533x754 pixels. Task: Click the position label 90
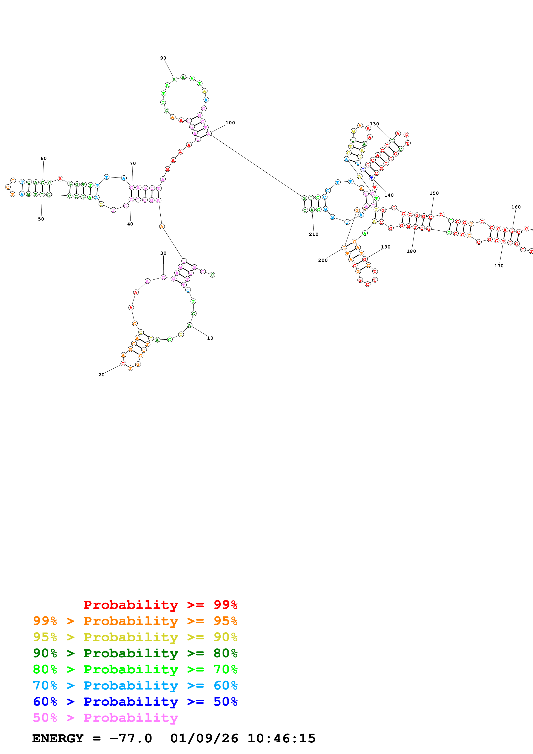pyautogui.click(x=163, y=58)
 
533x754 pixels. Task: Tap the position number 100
pyautogui.click(x=230, y=123)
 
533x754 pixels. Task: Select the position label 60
pyautogui.click(x=44, y=158)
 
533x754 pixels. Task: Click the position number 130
pyautogui.click(x=374, y=124)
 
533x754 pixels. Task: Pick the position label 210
pyautogui.click(x=314, y=234)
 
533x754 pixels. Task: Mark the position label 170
pyautogui.click(x=499, y=266)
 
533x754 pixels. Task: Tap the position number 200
pyautogui.click(x=323, y=260)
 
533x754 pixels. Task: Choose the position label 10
pyautogui.click(x=210, y=338)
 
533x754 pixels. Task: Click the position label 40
pyautogui.click(x=130, y=224)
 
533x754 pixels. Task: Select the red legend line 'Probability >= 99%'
pyautogui.click(x=160, y=605)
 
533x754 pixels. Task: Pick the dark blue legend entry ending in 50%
pyautogui.click(x=135, y=702)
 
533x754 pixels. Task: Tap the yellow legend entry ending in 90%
pyautogui.click(x=135, y=637)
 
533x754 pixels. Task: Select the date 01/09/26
pyautogui.click(x=204, y=738)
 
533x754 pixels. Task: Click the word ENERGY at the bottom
pyautogui.click(x=58, y=738)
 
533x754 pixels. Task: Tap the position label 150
pyautogui.click(x=434, y=193)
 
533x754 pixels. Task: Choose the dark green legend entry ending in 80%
pyautogui.click(x=135, y=653)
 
